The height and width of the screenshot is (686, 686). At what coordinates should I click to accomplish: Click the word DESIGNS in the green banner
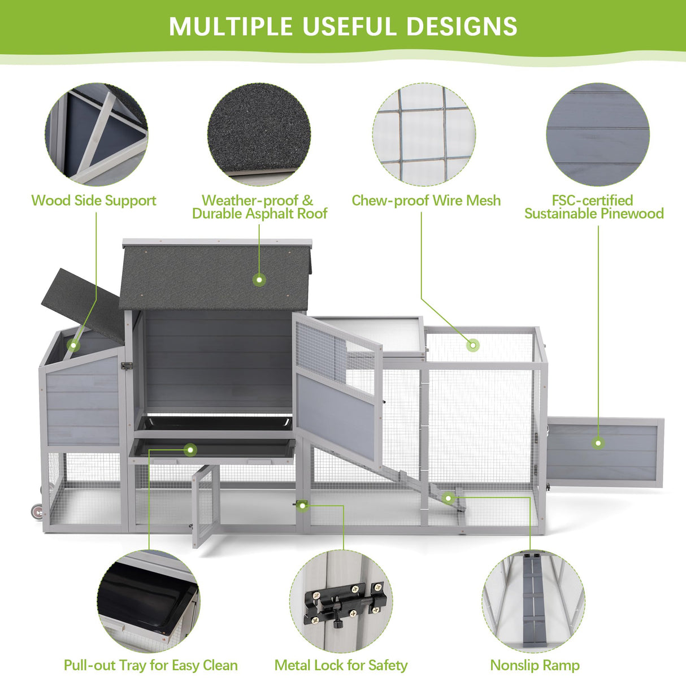tap(461, 25)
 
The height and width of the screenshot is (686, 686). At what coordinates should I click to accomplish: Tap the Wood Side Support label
tap(94, 201)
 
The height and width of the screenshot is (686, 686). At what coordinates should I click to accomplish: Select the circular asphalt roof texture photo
tap(259, 134)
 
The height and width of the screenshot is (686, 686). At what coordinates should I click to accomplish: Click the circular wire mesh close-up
tap(424, 134)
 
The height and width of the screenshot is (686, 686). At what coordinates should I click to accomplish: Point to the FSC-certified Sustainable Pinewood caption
tap(594, 207)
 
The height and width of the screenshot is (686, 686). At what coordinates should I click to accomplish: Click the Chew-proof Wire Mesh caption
tap(426, 201)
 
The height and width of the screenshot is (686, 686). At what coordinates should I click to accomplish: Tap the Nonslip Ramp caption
tap(535, 665)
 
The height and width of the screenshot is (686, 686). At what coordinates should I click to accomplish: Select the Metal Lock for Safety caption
tap(341, 665)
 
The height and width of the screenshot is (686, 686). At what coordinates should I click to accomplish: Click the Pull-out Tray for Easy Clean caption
tap(150, 665)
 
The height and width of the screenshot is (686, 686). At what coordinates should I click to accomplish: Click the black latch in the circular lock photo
tap(345, 603)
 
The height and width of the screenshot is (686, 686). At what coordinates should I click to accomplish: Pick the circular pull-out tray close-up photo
tap(149, 601)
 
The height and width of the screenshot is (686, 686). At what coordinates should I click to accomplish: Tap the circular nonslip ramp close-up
tap(533, 601)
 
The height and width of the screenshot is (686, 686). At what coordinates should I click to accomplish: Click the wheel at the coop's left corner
tap(37, 511)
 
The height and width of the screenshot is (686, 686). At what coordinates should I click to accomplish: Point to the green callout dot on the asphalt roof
tap(259, 280)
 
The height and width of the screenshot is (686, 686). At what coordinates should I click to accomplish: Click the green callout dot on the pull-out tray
tap(190, 450)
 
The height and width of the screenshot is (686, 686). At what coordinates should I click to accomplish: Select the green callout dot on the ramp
tap(449, 498)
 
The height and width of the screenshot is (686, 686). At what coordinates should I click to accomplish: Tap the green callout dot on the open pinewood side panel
tap(598, 443)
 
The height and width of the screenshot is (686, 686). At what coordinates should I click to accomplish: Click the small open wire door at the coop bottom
tap(206, 506)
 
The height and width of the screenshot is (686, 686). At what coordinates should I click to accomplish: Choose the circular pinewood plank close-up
tap(598, 134)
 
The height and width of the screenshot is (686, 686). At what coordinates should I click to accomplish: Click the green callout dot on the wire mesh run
tap(473, 345)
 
